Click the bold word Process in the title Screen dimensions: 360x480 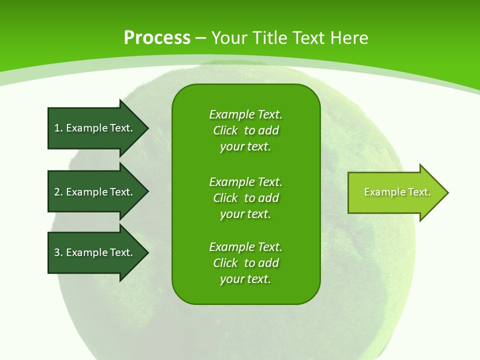(x=157, y=37)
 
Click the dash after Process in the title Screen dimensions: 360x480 (x=201, y=38)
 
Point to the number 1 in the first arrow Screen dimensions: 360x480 (x=57, y=128)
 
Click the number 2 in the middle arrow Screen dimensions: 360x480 (x=57, y=192)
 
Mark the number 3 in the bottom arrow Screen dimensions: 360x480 (x=57, y=252)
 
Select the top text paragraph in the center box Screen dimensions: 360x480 (x=245, y=130)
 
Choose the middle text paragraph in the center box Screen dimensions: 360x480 (x=245, y=198)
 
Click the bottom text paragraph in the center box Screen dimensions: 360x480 (x=245, y=263)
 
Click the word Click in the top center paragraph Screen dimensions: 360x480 (x=225, y=130)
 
